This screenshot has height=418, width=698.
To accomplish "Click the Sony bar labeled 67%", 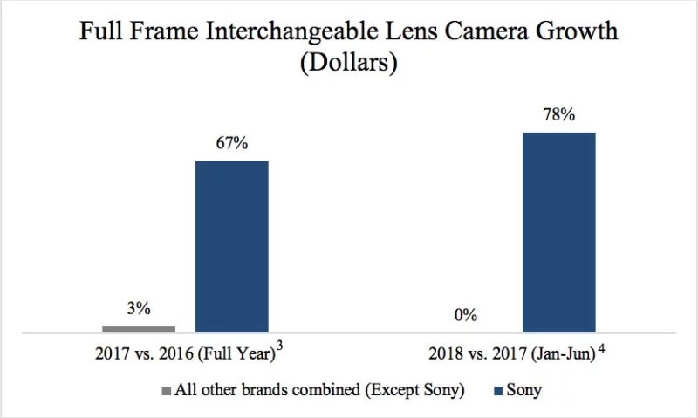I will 231,246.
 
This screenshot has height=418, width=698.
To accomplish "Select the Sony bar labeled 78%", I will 558,232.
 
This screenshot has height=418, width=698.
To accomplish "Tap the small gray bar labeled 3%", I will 139,329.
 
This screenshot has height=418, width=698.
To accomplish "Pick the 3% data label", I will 139,310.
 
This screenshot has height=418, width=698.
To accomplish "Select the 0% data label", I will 465,316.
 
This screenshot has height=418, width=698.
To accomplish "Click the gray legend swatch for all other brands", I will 165,391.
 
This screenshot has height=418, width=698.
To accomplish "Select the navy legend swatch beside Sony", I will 498,391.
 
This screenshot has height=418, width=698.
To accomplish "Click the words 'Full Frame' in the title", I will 137,34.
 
